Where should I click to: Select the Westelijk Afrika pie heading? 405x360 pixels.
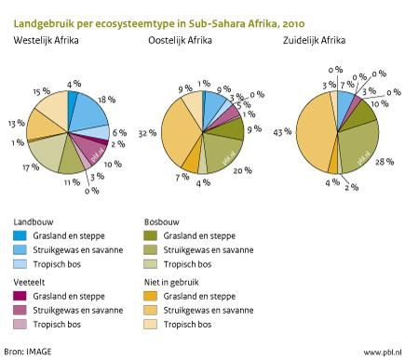pos(46,41)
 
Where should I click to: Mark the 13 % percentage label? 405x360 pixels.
pos(15,123)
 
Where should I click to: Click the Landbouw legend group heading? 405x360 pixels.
pos(34,223)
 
